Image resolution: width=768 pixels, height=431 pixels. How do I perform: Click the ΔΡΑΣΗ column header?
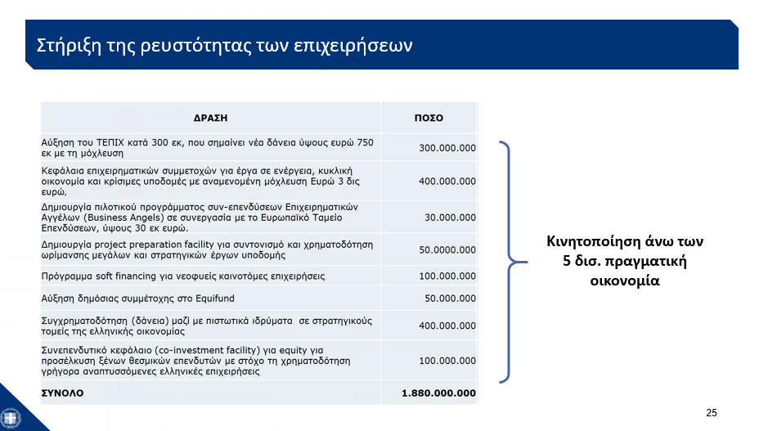pyautogui.click(x=210, y=118)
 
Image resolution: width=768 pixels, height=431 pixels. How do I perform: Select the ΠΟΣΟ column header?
pyautogui.click(x=428, y=118)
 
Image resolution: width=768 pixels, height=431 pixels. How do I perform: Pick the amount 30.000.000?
pyautogui.click(x=450, y=218)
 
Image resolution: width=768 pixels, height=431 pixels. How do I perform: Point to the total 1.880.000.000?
pyautogui.click(x=438, y=393)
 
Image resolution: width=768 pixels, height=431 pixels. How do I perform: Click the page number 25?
pyautogui.click(x=711, y=412)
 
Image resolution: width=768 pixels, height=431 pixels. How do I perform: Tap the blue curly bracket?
pyautogui.click(x=509, y=263)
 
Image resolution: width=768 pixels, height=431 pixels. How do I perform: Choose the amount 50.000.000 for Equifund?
pyautogui.click(x=450, y=298)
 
